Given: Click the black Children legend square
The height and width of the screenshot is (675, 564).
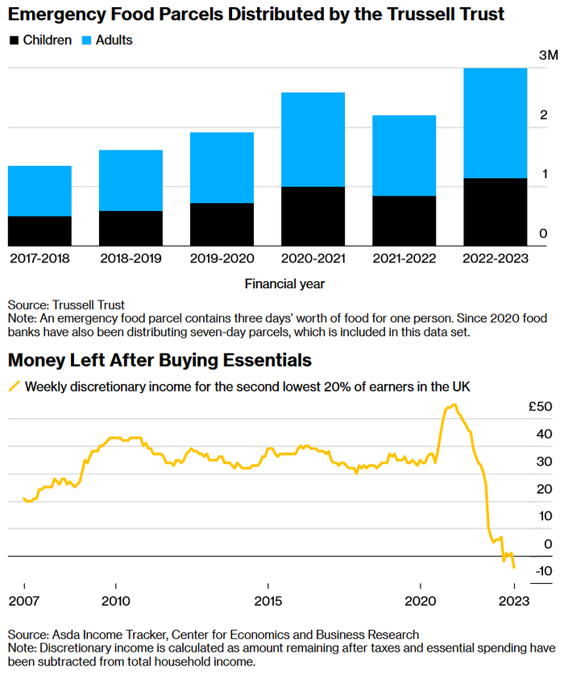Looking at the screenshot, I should (14, 40).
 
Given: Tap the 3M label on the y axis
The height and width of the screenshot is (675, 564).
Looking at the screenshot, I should (548, 56).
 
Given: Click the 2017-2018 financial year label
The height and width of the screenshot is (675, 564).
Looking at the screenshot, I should (39, 259).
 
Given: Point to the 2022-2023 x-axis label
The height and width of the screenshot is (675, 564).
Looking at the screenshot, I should (496, 259).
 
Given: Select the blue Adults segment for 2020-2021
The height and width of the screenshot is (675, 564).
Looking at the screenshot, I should (313, 139).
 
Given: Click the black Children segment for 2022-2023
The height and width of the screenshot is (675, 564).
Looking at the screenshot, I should (496, 212).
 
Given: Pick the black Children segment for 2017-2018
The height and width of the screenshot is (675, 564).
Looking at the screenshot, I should (39, 231).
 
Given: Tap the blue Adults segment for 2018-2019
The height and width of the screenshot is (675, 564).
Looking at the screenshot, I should (131, 180).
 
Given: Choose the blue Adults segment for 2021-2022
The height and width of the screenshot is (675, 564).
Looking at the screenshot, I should (404, 155).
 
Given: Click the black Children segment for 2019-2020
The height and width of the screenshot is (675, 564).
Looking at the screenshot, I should (222, 225).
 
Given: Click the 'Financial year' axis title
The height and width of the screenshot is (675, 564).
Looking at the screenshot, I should (284, 284).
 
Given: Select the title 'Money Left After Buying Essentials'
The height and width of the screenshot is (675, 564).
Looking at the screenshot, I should (160, 359).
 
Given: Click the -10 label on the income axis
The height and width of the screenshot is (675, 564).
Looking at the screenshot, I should (542, 571).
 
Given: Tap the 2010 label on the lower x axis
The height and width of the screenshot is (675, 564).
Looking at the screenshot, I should (116, 602).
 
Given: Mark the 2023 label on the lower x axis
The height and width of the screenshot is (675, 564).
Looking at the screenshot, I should (514, 602).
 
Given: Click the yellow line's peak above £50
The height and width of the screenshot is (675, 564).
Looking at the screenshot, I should (454, 405).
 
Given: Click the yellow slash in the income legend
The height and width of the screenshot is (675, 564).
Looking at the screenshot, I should (14, 387).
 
